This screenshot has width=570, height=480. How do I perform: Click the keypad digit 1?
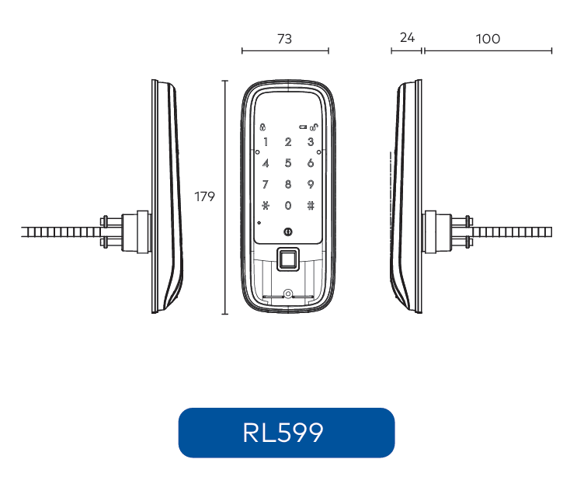coord(266,142)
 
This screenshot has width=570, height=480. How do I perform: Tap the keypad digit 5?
coord(288,163)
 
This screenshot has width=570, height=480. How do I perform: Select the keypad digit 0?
coord(288,206)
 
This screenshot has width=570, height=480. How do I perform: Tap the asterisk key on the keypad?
coord(266,206)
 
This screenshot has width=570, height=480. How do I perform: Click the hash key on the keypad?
coord(310,206)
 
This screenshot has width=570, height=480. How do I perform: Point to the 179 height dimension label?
coord(204,197)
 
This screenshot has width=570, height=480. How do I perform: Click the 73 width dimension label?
coord(285,39)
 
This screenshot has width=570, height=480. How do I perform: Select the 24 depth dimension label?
coord(407,38)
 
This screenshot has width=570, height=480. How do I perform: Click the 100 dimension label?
coord(488,39)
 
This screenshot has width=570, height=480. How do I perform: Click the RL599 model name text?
coord(283,433)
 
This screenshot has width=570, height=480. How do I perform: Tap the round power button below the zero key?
coord(288,231)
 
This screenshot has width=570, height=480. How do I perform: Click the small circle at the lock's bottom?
coord(287,294)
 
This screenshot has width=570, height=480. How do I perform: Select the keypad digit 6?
coord(310,163)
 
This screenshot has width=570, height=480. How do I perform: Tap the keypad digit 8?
coord(288,185)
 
